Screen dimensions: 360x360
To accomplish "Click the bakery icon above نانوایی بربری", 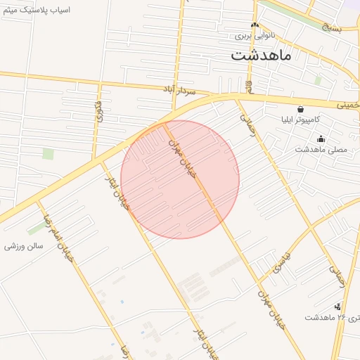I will [255, 25].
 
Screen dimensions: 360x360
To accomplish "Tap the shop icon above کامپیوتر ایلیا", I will [301, 109].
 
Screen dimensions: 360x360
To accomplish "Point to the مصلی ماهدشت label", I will [321, 149].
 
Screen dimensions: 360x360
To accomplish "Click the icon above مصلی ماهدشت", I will [321, 139].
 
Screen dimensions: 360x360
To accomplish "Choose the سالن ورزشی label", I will [24, 246].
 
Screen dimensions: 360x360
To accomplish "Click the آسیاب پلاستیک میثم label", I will [36, 12].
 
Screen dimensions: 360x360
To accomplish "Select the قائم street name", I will [249, 86].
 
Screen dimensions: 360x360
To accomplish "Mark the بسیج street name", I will [331, 27].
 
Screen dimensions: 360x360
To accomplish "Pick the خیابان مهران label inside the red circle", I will [181, 160].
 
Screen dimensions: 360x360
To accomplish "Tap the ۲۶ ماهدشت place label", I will [330, 317].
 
